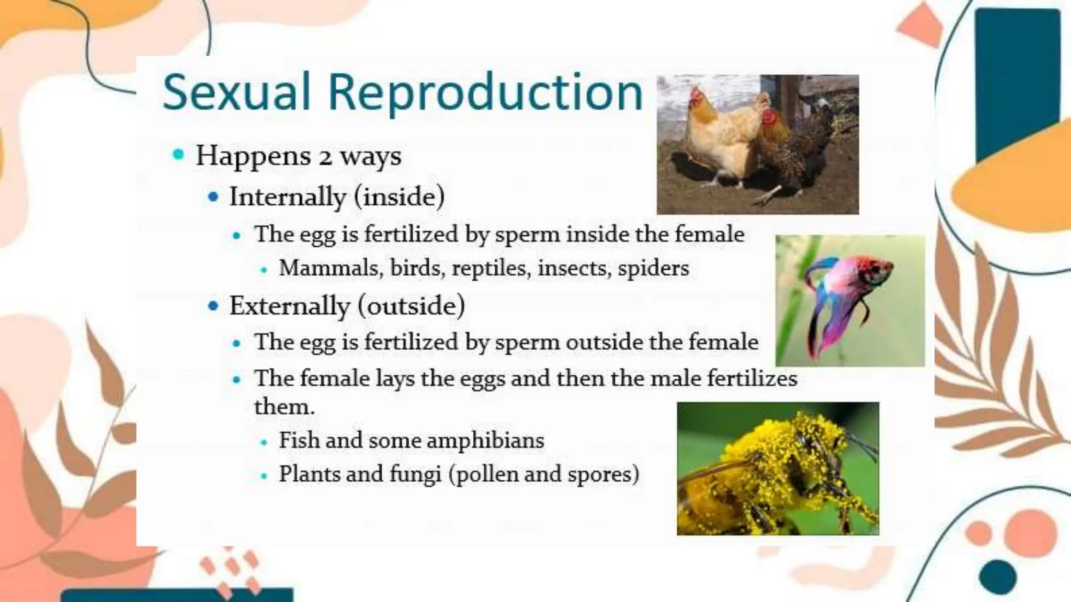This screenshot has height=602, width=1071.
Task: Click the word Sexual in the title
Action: (236, 92)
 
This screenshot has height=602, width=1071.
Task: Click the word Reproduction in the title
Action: (485, 92)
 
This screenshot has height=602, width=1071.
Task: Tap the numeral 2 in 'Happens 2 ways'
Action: (325, 157)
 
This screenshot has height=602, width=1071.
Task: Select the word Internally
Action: (288, 197)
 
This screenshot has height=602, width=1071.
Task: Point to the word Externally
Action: (289, 306)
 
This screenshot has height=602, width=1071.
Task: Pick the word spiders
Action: (653, 268)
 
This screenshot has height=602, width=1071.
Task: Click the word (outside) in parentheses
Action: (412, 306)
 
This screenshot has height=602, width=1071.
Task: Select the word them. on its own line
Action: (284, 407)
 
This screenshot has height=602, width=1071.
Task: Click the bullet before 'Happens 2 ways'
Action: (178, 154)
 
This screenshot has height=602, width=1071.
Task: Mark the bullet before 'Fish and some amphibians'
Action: (264, 443)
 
